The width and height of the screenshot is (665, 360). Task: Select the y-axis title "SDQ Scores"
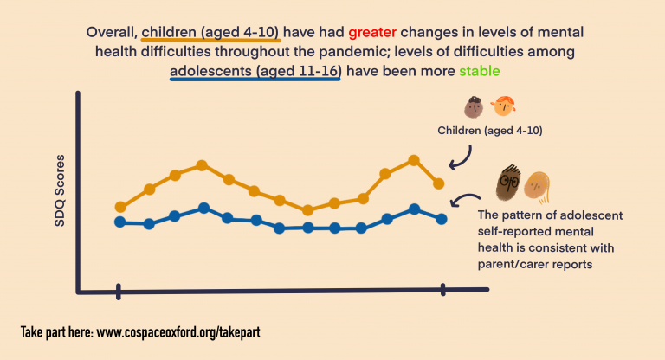click(x=60, y=197)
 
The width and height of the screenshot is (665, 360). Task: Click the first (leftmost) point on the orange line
click(x=120, y=207)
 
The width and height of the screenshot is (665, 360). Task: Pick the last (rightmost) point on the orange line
click(x=439, y=183)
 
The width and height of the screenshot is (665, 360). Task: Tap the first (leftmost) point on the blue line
click(x=120, y=222)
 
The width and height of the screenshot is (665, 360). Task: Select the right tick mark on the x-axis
click(x=443, y=290)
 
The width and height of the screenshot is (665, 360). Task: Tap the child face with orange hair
click(x=501, y=108)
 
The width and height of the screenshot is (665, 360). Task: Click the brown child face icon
click(x=473, y=108)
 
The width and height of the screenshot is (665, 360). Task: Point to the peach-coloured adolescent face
click(x=537, y=183)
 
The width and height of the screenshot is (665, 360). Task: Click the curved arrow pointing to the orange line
click(x=462, y=157)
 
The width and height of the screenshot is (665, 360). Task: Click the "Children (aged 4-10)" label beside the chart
click(x=490, y=132)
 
